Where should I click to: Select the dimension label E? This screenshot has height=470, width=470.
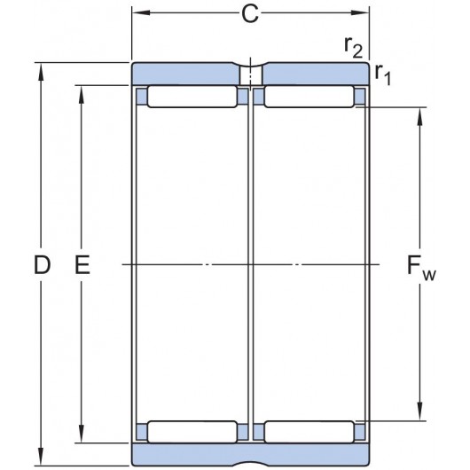coord(83,264)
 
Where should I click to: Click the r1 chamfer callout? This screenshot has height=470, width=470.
coord(383,75)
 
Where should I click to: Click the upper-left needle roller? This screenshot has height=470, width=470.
coord(192,97)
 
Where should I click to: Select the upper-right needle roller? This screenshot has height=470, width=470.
coord(308,97)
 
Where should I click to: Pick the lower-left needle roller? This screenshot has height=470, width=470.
coord(192,432)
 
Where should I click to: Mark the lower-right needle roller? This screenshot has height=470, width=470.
coord(308,432)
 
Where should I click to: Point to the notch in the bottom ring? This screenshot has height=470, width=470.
coord(250,460)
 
